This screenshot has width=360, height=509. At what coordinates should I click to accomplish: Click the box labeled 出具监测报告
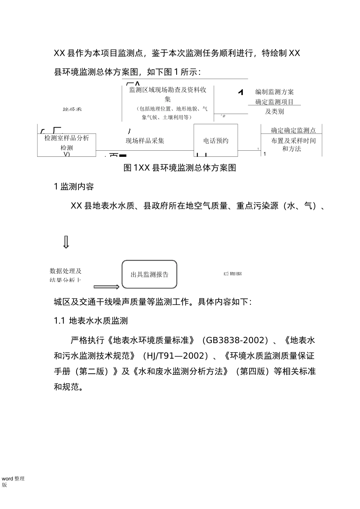click(x=149, y=275)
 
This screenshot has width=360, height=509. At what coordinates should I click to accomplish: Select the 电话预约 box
click(x=216, y=141)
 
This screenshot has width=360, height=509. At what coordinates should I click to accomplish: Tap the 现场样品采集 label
click(x=145, y=141)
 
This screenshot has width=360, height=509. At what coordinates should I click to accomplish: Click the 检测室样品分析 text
click(x=67, y=138)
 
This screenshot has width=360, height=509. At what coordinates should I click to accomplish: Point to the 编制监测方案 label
click(x=274, y=92)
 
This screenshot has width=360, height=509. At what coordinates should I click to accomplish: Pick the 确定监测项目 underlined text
click(x=274, y=101)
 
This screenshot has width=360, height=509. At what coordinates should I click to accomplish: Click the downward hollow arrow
click(x=66, y=242)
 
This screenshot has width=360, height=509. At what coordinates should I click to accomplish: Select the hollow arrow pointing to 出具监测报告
click(x=106, y=287)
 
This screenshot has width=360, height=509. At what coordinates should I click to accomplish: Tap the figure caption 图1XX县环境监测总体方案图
click(x=180, y=168)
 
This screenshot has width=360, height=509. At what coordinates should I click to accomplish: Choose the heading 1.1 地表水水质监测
click(x=91, y=321)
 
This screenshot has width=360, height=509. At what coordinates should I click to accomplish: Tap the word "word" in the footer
click(x=7, y=479)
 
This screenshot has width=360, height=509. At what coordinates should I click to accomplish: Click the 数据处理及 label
click(x=66, y=271)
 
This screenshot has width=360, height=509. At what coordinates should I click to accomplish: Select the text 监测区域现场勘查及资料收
click(x=167, y=90)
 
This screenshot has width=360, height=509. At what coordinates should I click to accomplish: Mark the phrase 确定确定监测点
click(x=293, y=131)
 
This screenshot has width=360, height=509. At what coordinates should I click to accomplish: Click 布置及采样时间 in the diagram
click(x=293, y=141)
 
